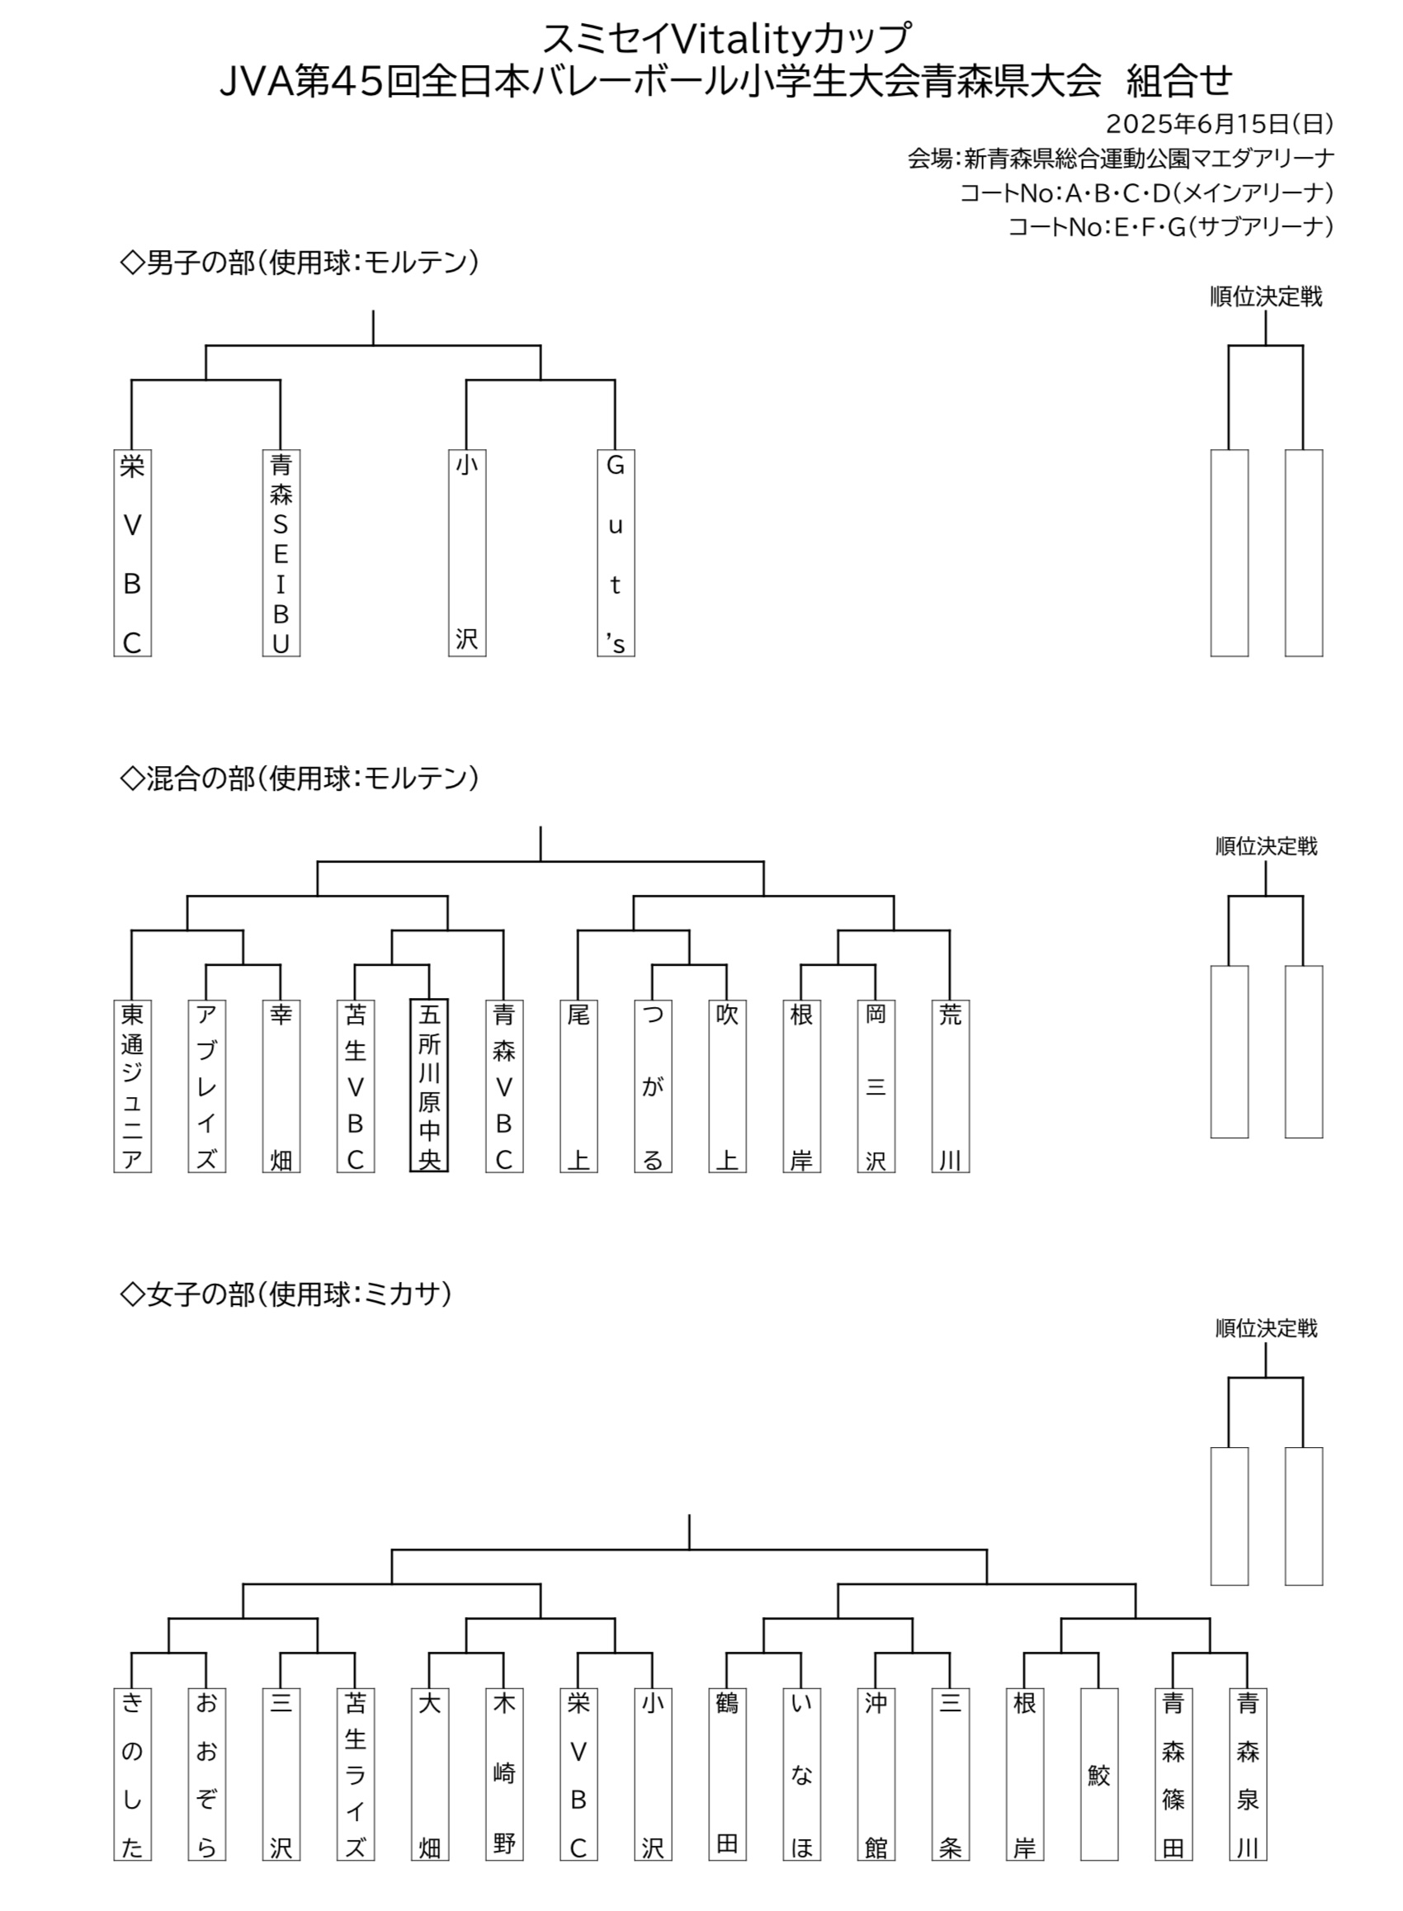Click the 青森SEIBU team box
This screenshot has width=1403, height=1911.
(x=281, y=553)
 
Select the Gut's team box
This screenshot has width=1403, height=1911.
(x=616, y=553)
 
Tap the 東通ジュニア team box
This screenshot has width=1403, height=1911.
(x=133, y=1086)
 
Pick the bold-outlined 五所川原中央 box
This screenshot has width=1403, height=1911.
(x=429, y=1086)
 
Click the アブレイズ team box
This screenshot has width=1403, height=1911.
(x=206, y=1086)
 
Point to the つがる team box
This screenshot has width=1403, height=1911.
(x=653, y=1086)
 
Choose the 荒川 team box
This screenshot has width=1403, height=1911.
(x=951, y=1086)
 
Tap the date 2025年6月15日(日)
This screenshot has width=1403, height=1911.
(x=1220, y=124)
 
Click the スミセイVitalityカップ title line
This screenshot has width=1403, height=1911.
(x=727, y=37)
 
